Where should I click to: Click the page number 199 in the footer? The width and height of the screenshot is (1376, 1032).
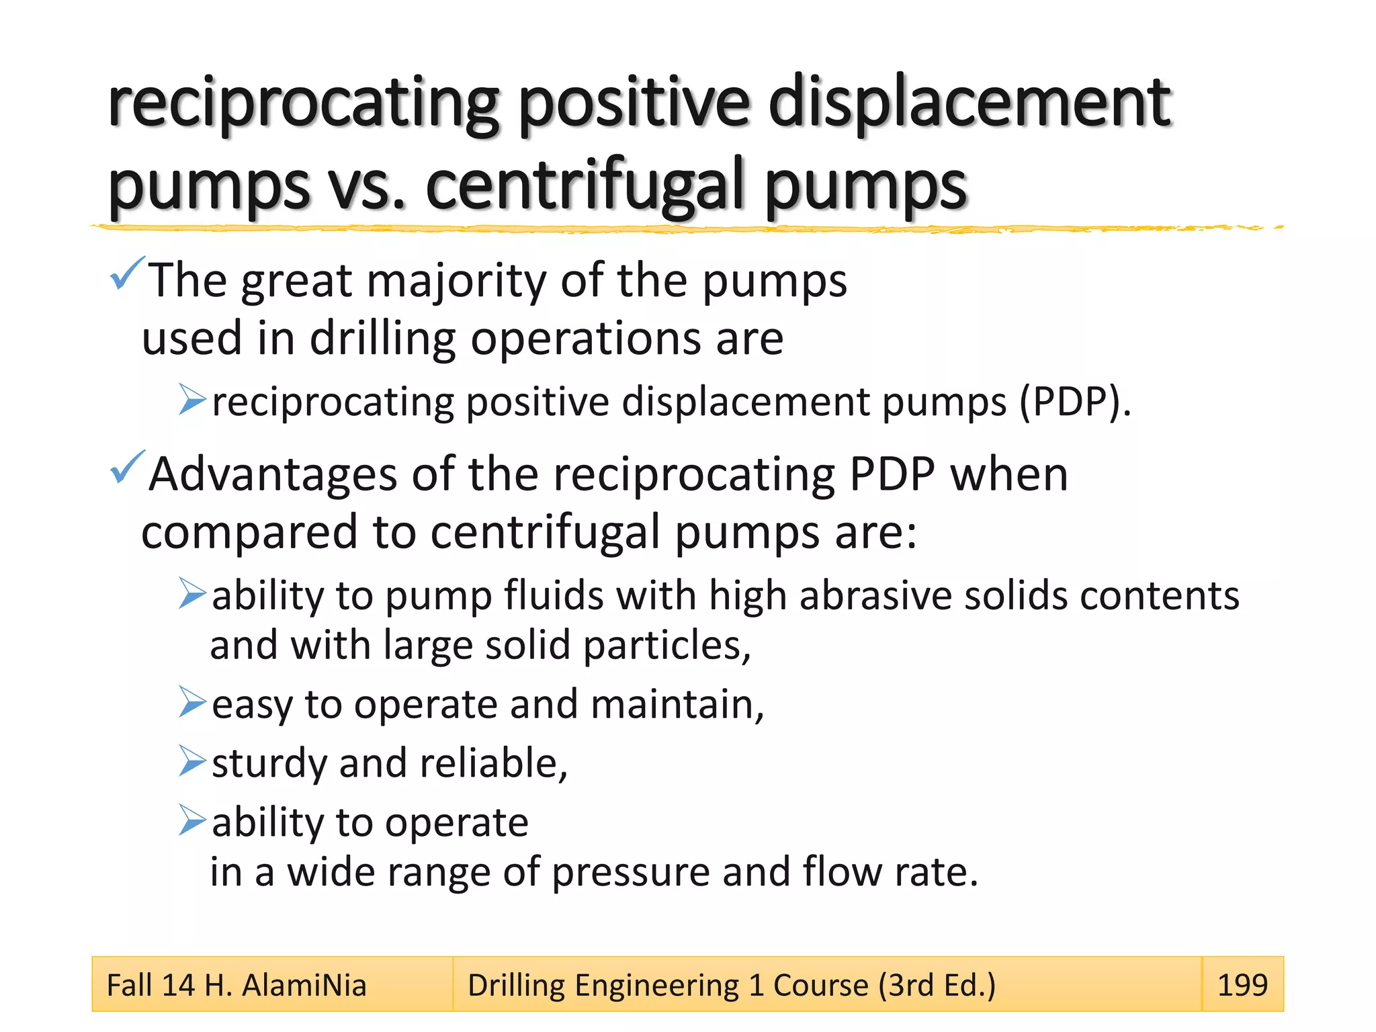(1242, 985)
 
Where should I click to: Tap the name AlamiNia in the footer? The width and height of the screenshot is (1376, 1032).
(304, 986)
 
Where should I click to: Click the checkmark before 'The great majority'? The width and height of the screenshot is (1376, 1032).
(126, 273)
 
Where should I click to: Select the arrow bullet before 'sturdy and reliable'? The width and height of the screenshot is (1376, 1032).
(192, 761)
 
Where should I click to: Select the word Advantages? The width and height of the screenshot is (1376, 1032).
(273, 474)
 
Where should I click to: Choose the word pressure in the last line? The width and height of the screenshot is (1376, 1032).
(630, 872)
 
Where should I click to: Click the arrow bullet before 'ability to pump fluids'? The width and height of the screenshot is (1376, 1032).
(192, 593)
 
